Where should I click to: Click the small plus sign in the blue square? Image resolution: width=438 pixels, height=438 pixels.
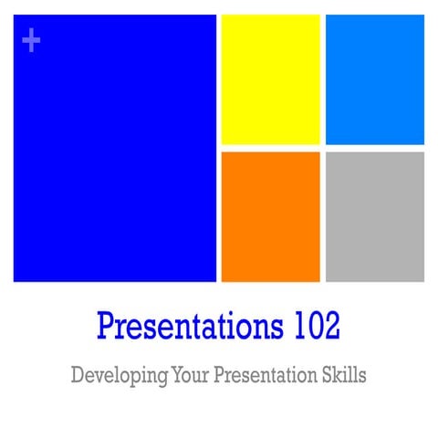point(31,40)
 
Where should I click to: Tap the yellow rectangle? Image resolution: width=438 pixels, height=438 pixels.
point(270,79)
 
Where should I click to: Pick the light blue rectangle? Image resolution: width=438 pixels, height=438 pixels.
point(374,79)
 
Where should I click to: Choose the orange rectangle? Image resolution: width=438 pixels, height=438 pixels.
point(270,216)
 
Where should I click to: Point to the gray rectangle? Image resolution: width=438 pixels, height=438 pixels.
point(374,216)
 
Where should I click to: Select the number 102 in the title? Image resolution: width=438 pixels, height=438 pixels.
point(316,326)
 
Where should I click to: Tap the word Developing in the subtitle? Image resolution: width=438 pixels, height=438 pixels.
point(112,375)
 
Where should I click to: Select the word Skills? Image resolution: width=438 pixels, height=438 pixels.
point(344,374)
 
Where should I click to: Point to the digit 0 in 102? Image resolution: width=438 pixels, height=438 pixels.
point(315,326)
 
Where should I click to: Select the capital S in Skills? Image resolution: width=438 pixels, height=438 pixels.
point(327,374)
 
